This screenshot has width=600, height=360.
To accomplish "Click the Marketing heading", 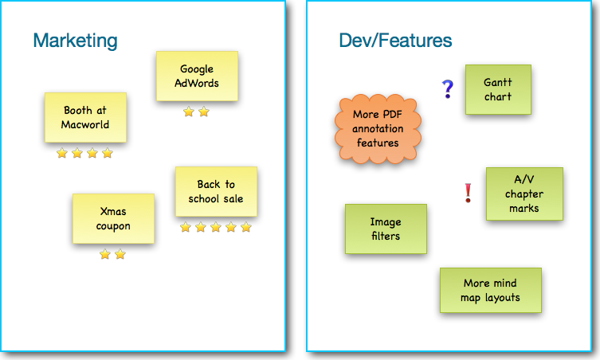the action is (76, 41).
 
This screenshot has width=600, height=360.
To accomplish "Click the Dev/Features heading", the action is (395, 40).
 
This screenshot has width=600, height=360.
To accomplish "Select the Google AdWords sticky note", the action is (197, 76).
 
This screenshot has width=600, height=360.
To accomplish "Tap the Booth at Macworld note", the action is (86, 117).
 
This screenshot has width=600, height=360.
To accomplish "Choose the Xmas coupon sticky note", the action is (114, 218).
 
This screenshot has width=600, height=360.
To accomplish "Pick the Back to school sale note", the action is (216, 192).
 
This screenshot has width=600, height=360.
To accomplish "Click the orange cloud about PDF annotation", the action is (378, 129).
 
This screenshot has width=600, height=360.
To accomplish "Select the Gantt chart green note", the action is (498, 89).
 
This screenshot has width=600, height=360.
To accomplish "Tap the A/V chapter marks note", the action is (524, 194).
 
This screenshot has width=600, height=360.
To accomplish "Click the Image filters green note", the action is (386, 229).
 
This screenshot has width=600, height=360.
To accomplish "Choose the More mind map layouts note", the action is (491, 291).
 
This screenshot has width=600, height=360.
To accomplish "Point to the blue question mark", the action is (447, 89).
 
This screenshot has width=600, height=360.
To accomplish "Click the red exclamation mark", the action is (468, 193).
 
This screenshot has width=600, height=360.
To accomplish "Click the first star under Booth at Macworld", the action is (62, 154).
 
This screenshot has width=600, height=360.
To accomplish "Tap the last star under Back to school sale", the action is (246, 227).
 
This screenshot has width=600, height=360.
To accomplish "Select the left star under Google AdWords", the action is (189, 112).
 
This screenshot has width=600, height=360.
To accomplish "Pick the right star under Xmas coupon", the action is (120, 254).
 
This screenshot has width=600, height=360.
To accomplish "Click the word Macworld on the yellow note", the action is (85, 125).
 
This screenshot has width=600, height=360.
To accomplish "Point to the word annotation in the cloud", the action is (378, 128).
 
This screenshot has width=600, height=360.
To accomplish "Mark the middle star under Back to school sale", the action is (216, 227).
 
